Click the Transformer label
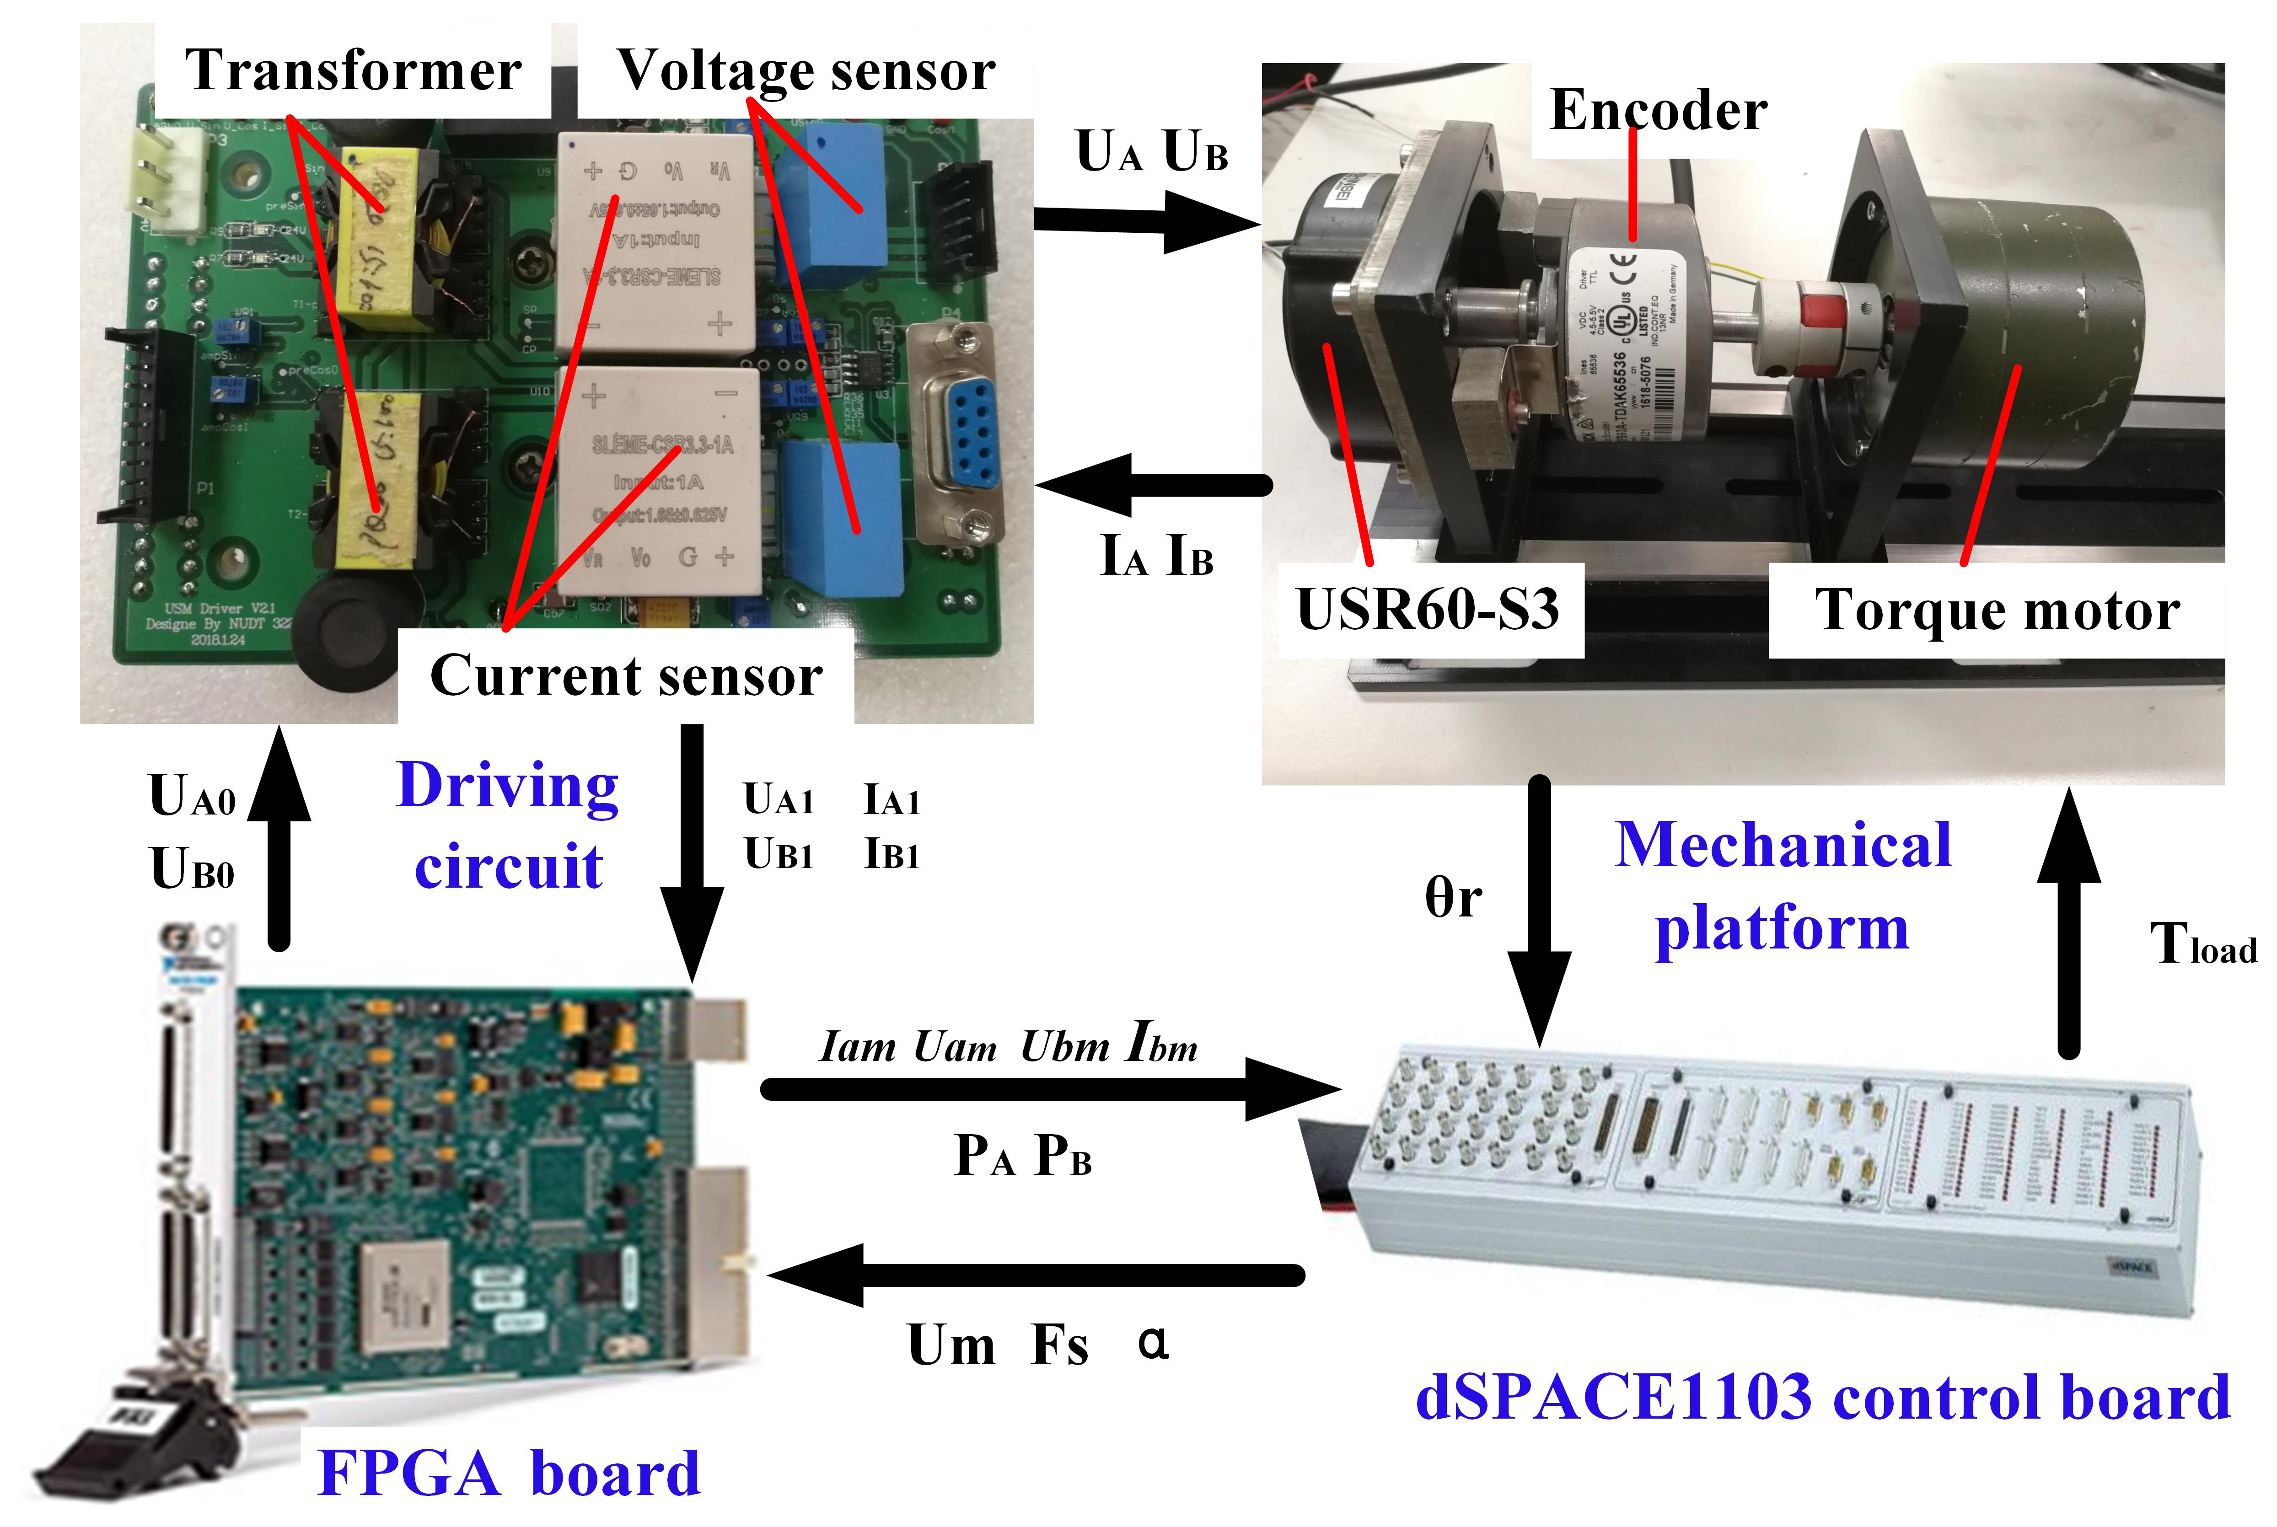(353, 70)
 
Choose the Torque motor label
(1997, 611)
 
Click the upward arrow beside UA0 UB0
(279, 837)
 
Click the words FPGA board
(508, 1473)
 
